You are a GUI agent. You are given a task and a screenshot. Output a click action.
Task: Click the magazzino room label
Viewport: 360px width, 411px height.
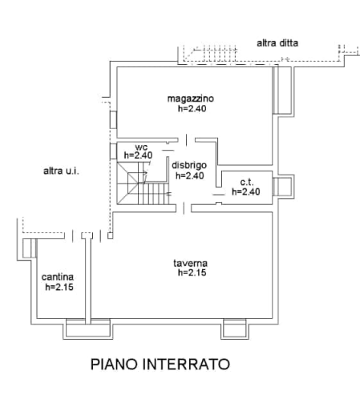pos(191,99)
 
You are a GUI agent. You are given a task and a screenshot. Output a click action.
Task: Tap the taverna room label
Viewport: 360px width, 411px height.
pos(190,264)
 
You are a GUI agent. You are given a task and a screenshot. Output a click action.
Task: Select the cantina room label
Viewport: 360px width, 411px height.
pos(58,277)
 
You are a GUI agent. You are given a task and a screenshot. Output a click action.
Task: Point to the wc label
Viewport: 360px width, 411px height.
pos(141,147)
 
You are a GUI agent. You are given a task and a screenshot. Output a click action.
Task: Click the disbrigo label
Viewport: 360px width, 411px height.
pos(189,165)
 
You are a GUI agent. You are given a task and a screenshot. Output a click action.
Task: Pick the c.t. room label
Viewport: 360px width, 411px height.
pos(247,182)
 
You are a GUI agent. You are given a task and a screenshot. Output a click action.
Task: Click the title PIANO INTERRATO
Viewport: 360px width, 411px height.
pos(160,365)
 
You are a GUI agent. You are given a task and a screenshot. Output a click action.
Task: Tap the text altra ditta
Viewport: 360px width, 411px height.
pos(277,43)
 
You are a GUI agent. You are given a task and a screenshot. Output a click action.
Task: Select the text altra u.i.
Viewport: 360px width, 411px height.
pos(61,171)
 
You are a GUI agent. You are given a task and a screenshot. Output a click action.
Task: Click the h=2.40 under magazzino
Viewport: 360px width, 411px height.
pos(192,109)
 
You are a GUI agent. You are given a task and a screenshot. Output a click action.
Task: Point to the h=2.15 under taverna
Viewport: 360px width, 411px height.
pos(192,272)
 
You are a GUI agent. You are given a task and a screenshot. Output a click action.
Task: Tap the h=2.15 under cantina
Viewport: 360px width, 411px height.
pos(59,287)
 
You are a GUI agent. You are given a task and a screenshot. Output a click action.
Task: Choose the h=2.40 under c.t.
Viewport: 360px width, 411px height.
pos(246,191)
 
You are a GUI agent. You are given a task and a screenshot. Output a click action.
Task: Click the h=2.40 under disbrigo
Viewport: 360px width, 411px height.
pos(190,175)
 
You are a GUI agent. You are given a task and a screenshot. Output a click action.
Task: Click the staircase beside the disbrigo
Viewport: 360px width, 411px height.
pos(144,183)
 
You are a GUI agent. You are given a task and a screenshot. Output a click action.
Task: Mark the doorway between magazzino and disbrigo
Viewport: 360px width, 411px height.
pos(187,140)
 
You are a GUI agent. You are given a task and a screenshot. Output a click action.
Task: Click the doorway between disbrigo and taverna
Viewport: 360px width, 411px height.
pos(184,208)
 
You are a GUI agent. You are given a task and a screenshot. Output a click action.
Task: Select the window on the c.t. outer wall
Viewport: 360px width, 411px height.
pos(283,187)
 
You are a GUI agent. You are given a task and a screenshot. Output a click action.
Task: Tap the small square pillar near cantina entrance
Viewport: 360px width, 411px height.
pos(110,236)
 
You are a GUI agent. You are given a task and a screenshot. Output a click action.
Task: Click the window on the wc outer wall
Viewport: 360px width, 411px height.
pos(113,151)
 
